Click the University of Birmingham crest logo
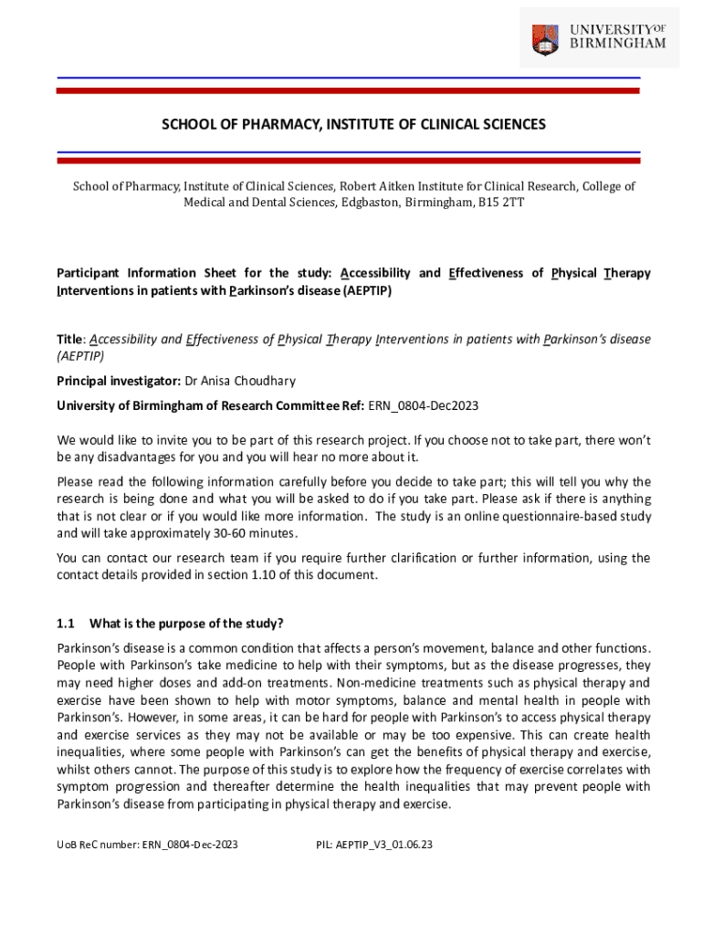click(546, 37)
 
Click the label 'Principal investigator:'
click(119, 381)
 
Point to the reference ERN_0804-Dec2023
click(424, 405)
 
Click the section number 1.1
click(65, 624)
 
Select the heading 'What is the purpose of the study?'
click(186, 624)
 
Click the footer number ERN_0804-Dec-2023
click(190, 845)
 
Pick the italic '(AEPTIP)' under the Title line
click(80, 356)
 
